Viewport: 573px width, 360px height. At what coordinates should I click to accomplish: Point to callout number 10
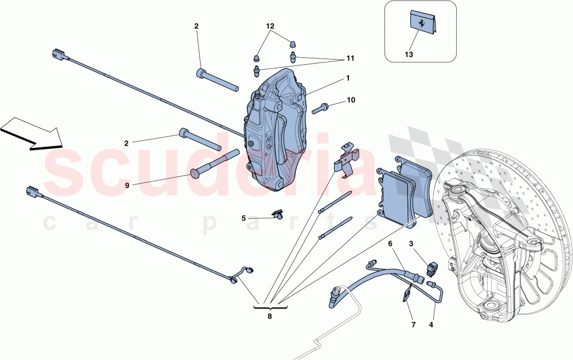click(x=351, y=100)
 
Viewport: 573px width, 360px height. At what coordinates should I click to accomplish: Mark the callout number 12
click(x=270, y=26)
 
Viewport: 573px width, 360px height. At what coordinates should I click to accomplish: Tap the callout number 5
click(x=244, y=218)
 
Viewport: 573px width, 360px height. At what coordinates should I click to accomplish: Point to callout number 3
click(x=411, y=244)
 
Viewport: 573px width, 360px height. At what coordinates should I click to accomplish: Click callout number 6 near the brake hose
click(x=390, y=244)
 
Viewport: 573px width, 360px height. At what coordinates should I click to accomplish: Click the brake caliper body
click(x=275, y=129)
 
